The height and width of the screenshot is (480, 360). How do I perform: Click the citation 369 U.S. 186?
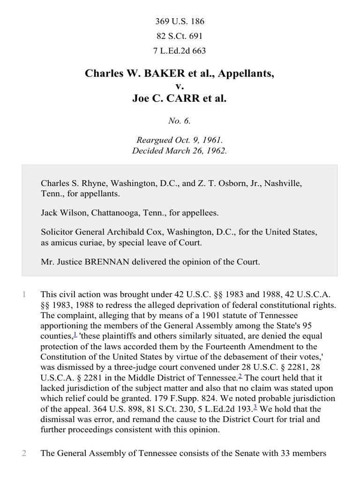180,22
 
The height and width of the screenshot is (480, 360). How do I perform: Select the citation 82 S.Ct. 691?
180,36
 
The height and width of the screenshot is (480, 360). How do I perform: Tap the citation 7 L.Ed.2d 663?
180,51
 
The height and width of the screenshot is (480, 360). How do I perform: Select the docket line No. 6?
180,121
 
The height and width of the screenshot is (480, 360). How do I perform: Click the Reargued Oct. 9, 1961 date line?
180,140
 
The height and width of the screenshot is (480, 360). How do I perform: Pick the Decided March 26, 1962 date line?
180,151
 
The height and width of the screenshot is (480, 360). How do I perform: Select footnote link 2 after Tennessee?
240,375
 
